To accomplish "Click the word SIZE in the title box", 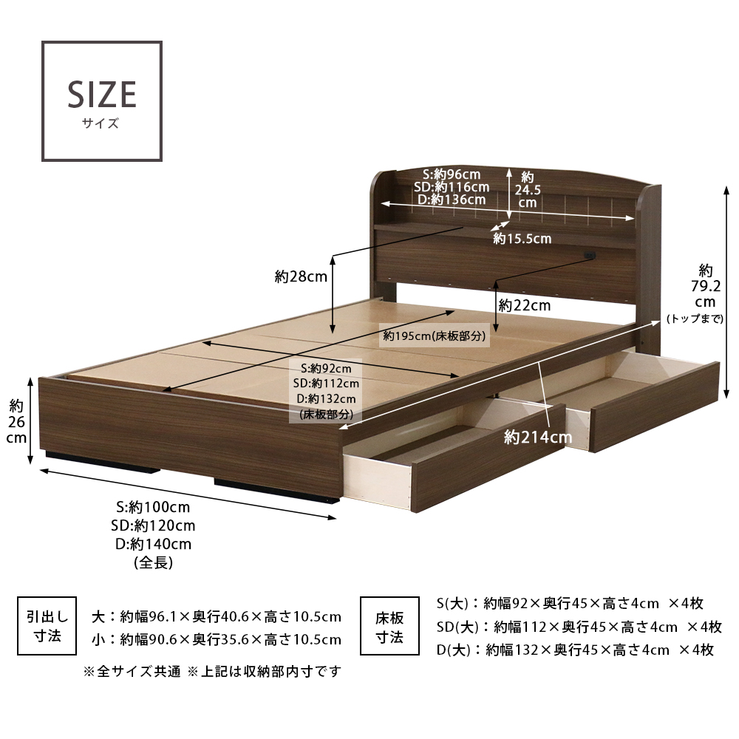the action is pos(102,95).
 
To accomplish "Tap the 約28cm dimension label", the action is pos(301,276).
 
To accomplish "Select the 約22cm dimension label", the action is pos(525,305).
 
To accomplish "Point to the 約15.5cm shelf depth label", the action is pos(522,239).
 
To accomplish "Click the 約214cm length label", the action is pos(538,437).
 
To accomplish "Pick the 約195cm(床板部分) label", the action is pos(434,336).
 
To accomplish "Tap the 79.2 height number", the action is pos(706,286).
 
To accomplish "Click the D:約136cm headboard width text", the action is pos(452,200).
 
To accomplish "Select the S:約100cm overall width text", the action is pos(153,507).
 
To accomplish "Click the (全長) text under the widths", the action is pos(154,562).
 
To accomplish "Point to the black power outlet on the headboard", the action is pos(589,256).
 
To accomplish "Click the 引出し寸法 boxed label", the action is pos(47,625).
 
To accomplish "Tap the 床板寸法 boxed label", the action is pos(389,625).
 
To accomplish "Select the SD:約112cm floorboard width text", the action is pos(326,383).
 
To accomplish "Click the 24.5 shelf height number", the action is pos(528,190).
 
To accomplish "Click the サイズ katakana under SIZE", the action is pos(101,123).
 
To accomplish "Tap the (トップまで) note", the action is pos(695,319).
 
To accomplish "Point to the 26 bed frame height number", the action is pos(16,422).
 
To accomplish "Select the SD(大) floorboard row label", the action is pos(457,627).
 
